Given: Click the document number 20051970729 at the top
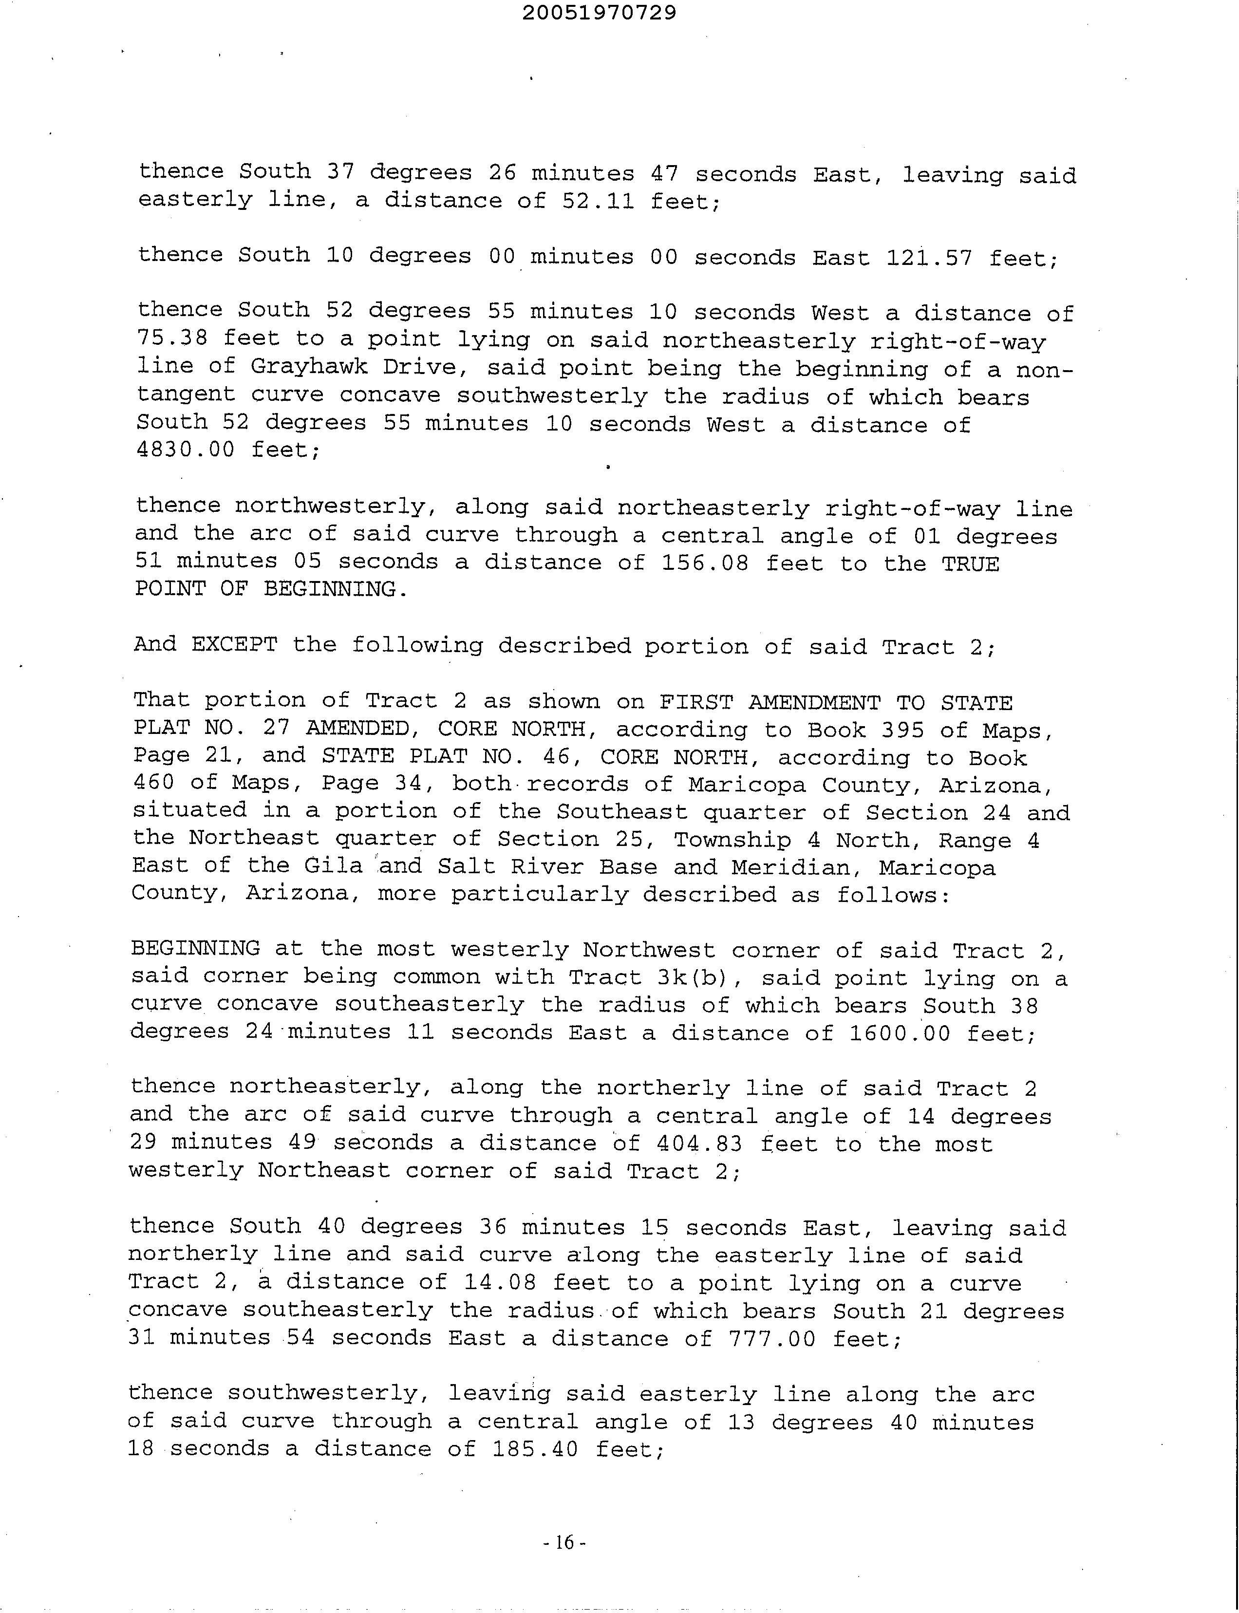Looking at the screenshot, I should [x=599, y=13].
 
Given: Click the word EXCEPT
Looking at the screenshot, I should [x=234, y=645].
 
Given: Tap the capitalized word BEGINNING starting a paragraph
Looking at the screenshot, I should [x=195, y=949].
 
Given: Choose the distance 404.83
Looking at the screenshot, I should [x=698, y=1144].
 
